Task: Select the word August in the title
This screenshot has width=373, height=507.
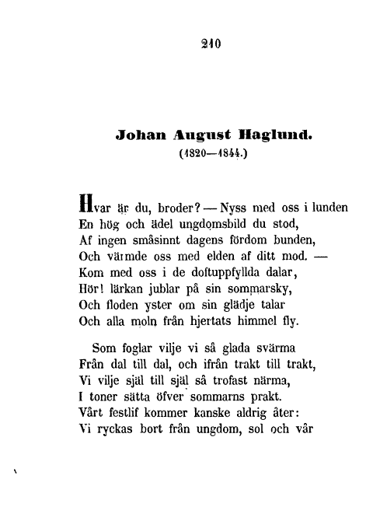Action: coord(184,133)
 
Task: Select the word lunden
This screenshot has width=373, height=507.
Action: coord(326,208)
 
